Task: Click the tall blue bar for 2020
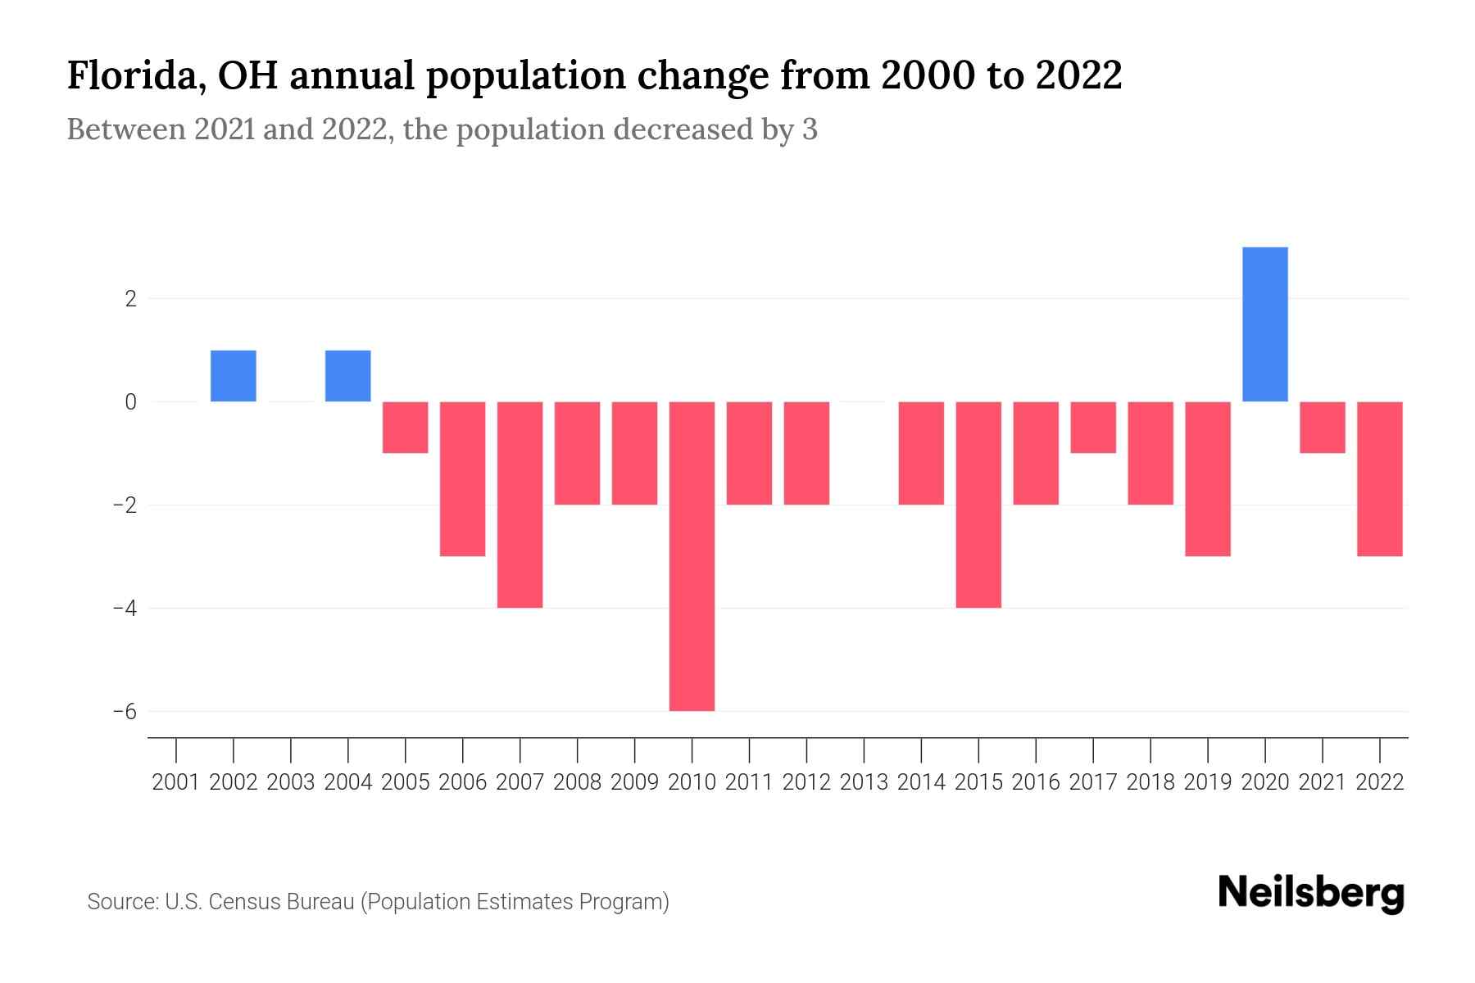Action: [x=1265, y=324]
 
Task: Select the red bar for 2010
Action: [x=692, y=556]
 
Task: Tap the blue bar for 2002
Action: [x=234, y=376]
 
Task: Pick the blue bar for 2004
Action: [x=348, y=376]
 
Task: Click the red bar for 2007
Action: [x=520, y=505]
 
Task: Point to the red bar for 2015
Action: [x=978, y=505]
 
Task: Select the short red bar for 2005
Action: [x=406, y=428]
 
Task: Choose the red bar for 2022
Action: [x=1380, y=479]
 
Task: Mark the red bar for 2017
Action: [x=1093, y=428]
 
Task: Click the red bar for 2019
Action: [x=1208, y=479]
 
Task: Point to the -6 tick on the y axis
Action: [x=125, y=711]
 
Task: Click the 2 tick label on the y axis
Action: [x=130, y=299]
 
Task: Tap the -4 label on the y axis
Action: [x=125, y=608]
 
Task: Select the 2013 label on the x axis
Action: [x=864, y=782]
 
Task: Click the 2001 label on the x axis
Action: [x=176, y=782]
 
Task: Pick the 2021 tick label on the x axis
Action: [x=1323, y=782]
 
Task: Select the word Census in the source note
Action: [x=242, y=902]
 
